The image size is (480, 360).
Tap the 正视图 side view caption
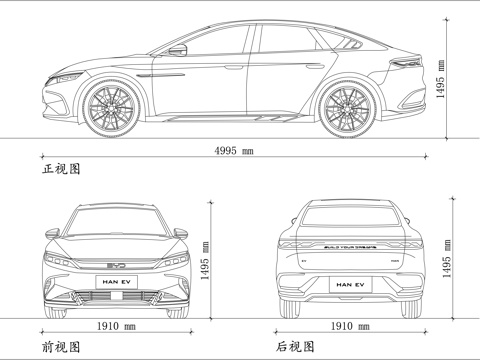[x=60, y=170]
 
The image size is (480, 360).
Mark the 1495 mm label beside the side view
[x=441, y=78]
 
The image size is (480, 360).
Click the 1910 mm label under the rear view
[x=350, y=327]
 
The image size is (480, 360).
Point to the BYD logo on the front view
[x=116, y=265]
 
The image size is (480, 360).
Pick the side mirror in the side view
[x=177, y=50]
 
